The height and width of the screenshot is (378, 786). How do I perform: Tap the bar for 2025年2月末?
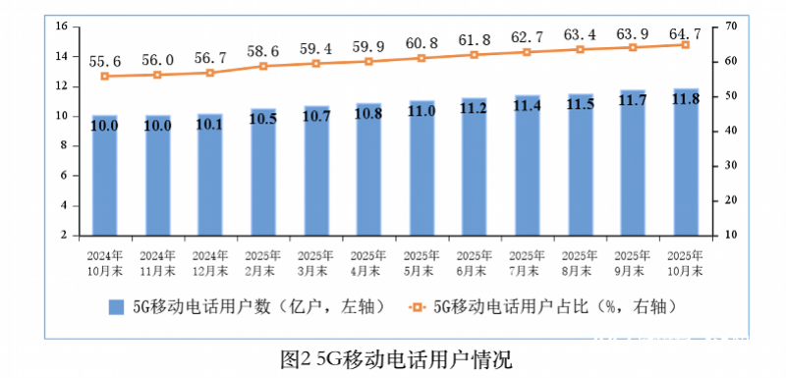[x=263, y=172]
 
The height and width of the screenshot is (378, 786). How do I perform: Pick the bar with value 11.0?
[x=421, y=168]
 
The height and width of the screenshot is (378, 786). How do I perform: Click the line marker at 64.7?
[x=686, y=44]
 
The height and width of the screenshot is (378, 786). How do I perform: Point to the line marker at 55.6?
[x=104, y=76]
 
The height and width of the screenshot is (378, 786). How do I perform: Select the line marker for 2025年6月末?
[x=475, y=55]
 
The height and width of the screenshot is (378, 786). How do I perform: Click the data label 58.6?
[x=263, y=49]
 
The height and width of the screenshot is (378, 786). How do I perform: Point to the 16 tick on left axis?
[x=60, y=27]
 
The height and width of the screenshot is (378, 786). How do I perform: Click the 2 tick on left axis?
[x=62, y=236]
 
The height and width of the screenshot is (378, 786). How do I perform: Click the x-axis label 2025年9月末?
[x=633, y=261]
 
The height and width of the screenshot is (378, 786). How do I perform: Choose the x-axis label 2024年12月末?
[x=210, y=261]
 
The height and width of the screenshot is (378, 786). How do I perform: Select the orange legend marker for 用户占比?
[x=417, y=306]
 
